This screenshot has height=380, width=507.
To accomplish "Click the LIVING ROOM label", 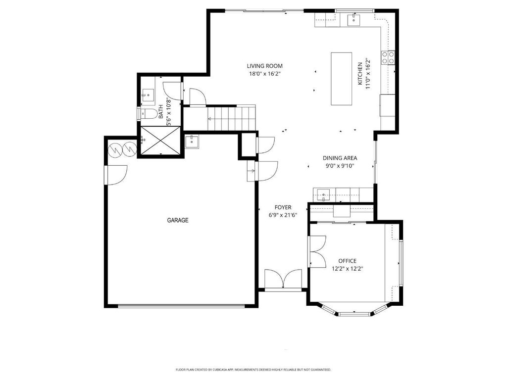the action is pyautogui.click(x=264, y=66).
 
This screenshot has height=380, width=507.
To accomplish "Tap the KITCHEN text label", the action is pyautogui.click(x=360, y=74).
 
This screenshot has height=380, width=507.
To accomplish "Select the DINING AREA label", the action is pyautogui.click(x=340, y=158).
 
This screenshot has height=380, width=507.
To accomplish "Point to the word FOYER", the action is pyautogui.click(x=283, y=207).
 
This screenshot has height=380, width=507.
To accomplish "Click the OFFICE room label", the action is pyautogui.click(x=347, y=261).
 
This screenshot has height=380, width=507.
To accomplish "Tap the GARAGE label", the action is pyautogui.click(x=178, y=220).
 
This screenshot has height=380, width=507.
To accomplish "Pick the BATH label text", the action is pyautogui.click(x=161, y=111).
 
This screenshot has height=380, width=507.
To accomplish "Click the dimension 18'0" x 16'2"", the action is pyautogui.click(x=264, y=74).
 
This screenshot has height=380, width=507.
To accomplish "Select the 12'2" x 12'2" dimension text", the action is pyautogui.click(x=347, y=269).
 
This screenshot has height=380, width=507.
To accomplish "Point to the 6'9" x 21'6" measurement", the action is pyautogui.click(x=283, y=215).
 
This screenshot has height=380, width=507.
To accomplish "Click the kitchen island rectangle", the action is pyautogui.click(x=341, y=79).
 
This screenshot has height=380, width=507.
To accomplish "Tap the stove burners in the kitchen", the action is pyautogui.click(x=388, y=57).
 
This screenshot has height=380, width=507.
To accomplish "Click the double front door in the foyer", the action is pyautogui.click(x=283, y=279).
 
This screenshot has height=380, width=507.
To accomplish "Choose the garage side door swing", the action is pyautogui.click(x=116, y=175).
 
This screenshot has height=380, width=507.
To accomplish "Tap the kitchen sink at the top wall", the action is pyautogui.click(x=354, y=19).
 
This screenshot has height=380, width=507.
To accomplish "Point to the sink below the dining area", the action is pyautogui.click(x=323, y=195).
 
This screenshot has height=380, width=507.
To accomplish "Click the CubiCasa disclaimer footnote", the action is pyautogui.click(x=253, y=369).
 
